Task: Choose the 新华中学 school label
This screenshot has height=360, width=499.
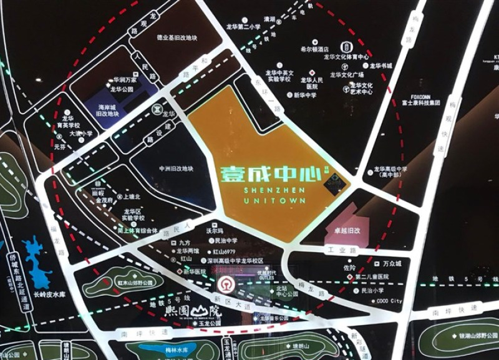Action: click(305, 95)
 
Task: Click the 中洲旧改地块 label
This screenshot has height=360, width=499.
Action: click(176, 169)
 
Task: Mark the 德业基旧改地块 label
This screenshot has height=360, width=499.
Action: click(177, 39)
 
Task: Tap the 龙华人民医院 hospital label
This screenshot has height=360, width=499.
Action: click(312, 83)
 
